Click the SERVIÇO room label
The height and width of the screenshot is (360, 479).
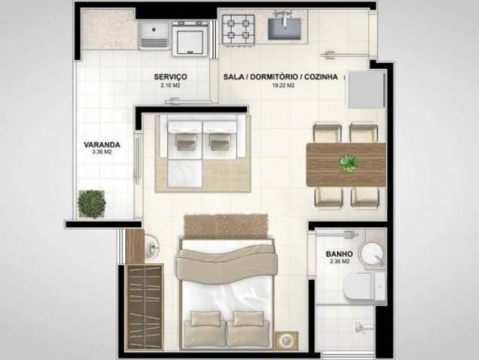[170, 76]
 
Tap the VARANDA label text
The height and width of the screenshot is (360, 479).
[102, 145]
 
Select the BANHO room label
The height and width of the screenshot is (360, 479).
[339, 254]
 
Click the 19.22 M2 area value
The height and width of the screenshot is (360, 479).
[283, 85]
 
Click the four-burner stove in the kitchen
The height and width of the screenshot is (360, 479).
[238, 30]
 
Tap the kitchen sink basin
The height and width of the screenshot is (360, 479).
[284, 29]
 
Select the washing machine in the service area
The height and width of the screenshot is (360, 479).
[190, 39]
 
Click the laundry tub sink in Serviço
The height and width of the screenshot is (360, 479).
[154, 35]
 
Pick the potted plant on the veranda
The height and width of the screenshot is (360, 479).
[91, 204]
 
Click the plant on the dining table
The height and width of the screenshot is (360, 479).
[348, 163]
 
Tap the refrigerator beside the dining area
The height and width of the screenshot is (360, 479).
[367, 89]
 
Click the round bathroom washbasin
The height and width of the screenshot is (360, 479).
[372, 253]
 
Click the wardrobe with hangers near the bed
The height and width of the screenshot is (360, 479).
[144, 307]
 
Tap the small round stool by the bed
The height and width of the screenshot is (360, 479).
[286, 340]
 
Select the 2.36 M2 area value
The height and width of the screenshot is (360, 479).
[339, 262]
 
